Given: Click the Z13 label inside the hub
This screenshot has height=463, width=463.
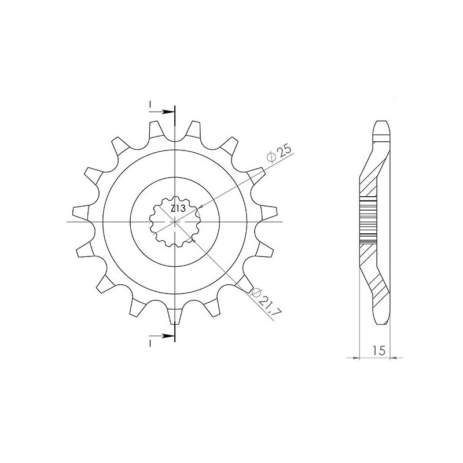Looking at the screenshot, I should [178, 208].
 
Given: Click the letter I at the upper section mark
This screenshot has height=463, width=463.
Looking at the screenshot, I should [150, 104].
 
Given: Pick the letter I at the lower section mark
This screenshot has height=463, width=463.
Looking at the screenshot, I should [150, 343].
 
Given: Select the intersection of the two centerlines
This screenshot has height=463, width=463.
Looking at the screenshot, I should [174, 222].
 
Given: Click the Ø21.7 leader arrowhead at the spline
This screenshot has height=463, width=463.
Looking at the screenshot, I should [194, 237].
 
